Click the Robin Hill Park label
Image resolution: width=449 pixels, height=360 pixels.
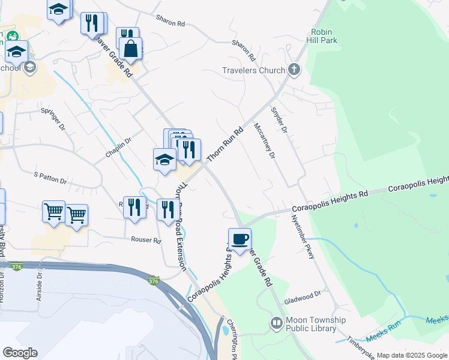click(324, 35)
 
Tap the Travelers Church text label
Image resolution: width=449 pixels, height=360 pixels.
click(253, 70)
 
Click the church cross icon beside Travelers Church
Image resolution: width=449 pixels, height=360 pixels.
click(294, 70)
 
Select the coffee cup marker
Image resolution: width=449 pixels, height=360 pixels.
click(240, 239)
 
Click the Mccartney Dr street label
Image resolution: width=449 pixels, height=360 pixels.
click(264, 141)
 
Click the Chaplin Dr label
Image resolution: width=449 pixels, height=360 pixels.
click(118, 146)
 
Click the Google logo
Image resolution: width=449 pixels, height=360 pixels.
click(20, 352)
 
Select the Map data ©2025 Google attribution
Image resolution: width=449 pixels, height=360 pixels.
click(412, 355)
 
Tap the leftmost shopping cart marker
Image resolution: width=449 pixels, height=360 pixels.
click(54, 212)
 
